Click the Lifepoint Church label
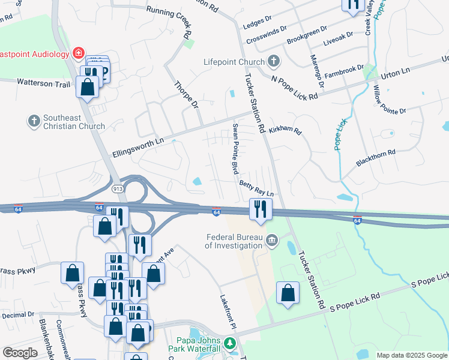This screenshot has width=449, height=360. pos(234,62)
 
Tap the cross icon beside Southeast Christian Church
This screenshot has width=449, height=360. pos(34,121)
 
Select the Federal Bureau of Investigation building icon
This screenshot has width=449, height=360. pos(272,241)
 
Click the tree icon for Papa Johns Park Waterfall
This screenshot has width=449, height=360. pos(229,344)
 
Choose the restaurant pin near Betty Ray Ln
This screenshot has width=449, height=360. pos(261,209)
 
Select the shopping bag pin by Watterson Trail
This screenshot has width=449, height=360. pos(88,86)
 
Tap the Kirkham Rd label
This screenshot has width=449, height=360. pos(285,130)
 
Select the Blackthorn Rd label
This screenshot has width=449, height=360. pos(376,153)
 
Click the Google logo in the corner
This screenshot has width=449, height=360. pos(20,353)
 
